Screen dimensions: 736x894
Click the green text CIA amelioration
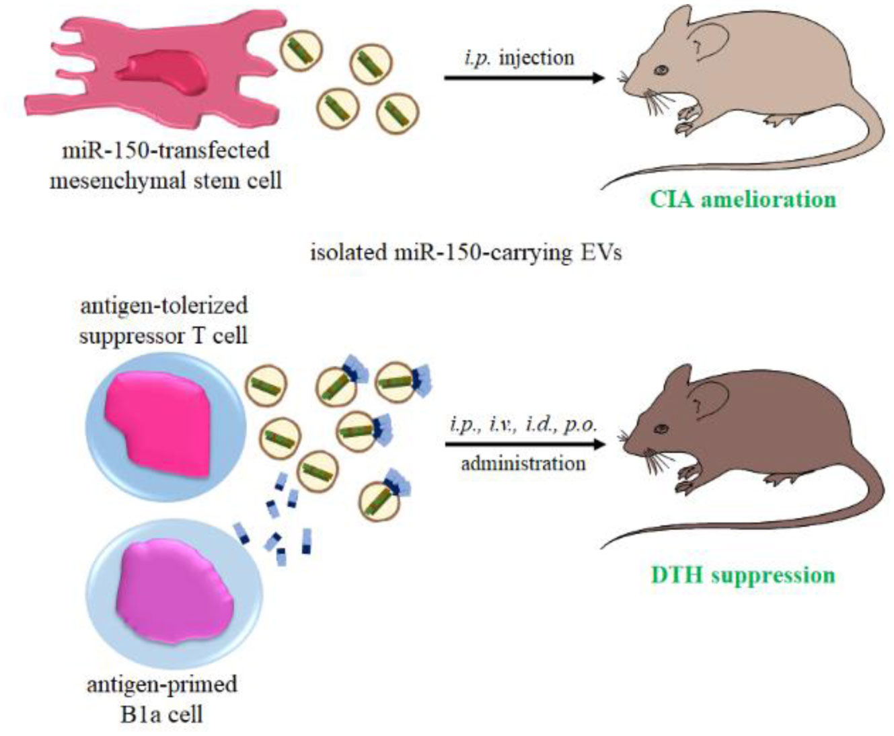pos(743,199)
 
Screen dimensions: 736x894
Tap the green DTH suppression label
pos(743,575)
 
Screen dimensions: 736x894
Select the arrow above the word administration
pos(524,445)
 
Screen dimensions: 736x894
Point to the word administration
pos(523,464)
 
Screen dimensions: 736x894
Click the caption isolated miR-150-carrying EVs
pos(465,253)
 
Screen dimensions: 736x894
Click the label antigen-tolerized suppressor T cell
pos(163,320)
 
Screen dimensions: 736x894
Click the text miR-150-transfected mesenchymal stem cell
pos(165,165)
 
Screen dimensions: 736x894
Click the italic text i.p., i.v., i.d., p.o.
pos(523,425)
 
